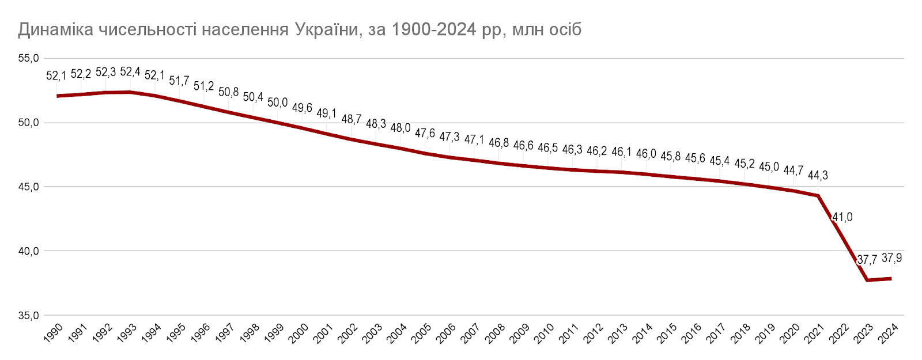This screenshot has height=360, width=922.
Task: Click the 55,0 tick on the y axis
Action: [28, 58]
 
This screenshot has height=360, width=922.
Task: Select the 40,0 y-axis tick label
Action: [28, 251]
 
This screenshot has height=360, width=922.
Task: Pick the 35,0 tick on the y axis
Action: [28, 316]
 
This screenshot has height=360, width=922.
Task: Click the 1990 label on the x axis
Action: [53, 333]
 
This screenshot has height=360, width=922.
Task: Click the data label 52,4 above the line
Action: [130, 72]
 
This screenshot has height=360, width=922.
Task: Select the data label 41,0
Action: [842, 217]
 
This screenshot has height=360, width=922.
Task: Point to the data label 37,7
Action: [867, 260]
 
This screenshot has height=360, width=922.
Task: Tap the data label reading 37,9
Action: [891, 258]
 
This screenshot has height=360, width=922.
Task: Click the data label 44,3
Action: [818, 175]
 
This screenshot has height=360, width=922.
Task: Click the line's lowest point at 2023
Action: [867, 280]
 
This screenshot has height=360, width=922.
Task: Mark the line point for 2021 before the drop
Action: [818, 196]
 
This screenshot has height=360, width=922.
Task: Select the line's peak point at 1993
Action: [131, 92]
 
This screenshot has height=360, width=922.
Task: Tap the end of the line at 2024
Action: [891, 279]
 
